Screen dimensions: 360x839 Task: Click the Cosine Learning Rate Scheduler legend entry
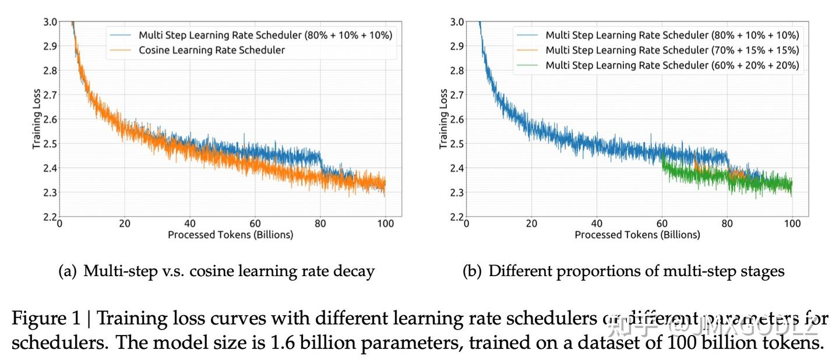(x=211, y=50)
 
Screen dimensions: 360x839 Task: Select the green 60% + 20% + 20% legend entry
(x=672, y=65)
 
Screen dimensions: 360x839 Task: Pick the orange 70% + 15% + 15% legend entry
(x=672, y=50)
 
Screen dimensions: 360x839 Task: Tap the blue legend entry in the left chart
(x=265, y=35)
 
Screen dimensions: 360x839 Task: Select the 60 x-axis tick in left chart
(x=255, y=223)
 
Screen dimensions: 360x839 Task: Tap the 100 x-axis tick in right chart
(x=792, y=223)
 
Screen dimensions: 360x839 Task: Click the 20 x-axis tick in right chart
(x=531, y=223)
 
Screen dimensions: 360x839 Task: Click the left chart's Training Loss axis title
(x=36, y=119)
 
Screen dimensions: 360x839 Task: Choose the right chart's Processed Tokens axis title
(x=637, y=235)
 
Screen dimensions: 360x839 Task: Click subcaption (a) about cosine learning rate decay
(x=217, y=271)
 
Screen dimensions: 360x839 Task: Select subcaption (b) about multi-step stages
(x=623, y=271)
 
